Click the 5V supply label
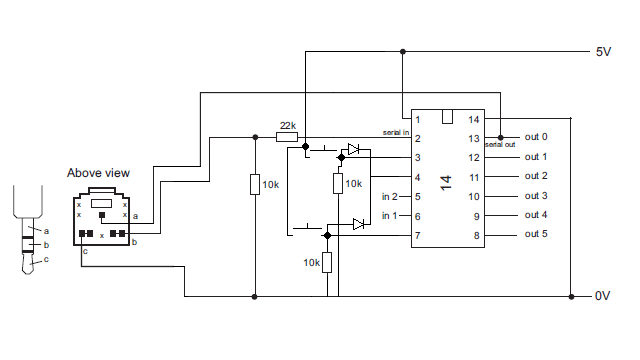pos(603,51)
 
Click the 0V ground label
pos(603,297)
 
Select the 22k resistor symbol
pos(287,137)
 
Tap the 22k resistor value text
pos(287,125)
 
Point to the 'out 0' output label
pos(536,137)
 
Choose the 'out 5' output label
pos(536,234)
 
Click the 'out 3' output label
pos(536,196)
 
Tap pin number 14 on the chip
pos(474,119)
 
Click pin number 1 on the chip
pos(418,119)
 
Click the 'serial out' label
pos(500,146)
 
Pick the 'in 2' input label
pos(390,196)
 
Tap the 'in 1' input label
pos(390,215)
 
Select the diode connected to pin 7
pos(358,225)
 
